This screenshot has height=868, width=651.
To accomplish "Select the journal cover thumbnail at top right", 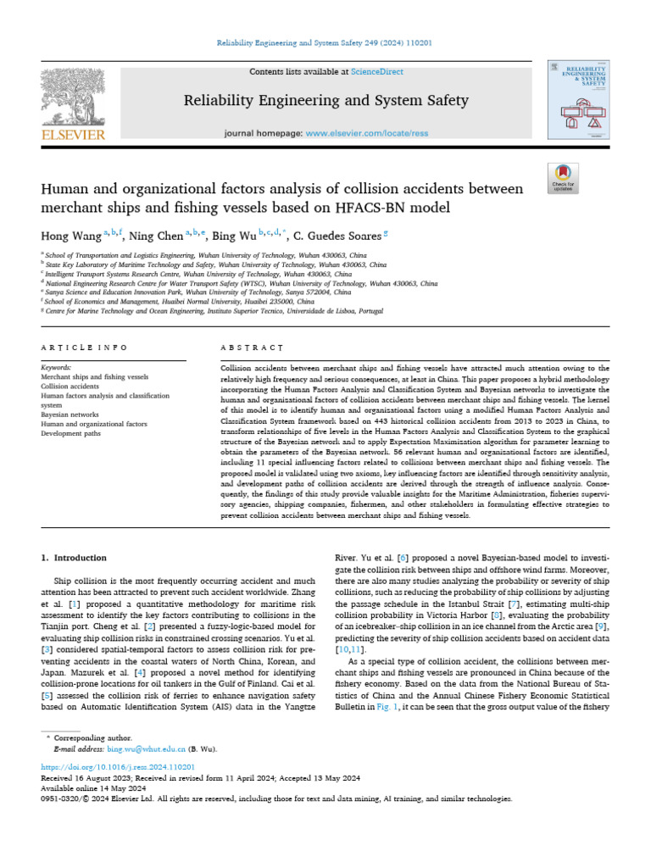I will pyautogui.click(x=580, y=99).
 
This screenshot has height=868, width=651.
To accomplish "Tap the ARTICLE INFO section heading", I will pyautogui.click(x=84, y=348).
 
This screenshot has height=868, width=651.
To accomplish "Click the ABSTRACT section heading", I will pyautogui.click(x=252, y=348).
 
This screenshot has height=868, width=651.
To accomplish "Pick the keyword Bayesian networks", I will pyautogui.click(x=70, y=414).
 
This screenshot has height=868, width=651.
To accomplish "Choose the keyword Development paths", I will pyautogui.click(x=71, y=433).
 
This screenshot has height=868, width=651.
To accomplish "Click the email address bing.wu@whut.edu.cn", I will pyautogui.click(x=145, y=750).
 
